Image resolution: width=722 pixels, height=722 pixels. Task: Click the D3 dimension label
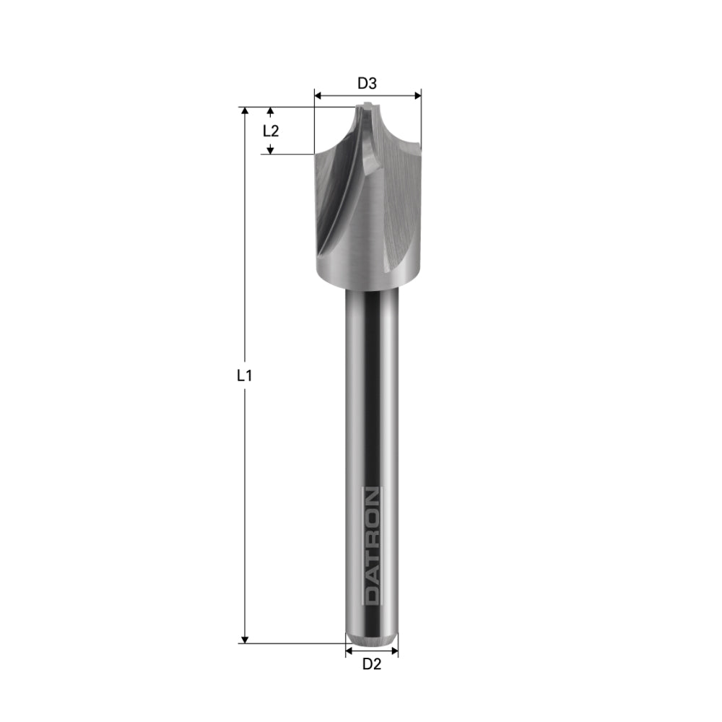click(367, 84)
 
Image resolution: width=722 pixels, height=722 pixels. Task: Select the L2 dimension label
click(271, 131)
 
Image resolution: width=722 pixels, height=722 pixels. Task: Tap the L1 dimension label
click(244, 375)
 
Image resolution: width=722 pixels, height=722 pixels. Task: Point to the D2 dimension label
click(371, 664)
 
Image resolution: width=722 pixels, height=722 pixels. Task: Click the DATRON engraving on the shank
click(371, 546)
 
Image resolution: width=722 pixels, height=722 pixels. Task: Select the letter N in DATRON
click(371, 497)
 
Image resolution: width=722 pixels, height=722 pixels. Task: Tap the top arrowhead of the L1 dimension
click(245, 111)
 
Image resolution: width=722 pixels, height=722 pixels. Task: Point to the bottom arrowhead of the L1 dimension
click(245, 639)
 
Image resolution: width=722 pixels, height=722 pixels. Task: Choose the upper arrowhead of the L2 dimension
click(271, 112)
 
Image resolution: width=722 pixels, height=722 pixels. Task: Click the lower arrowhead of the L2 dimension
click(271, 149)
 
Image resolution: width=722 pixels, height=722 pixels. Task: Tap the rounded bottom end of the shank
click(371, 639)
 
